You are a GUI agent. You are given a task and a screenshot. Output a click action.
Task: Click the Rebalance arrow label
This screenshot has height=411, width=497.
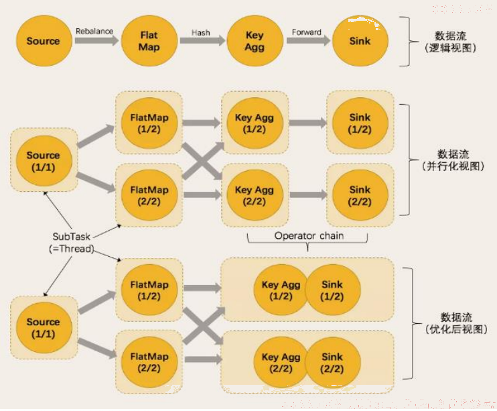[x=94, y=31]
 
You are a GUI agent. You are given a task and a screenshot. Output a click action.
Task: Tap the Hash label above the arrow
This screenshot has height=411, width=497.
[x=200, y=32]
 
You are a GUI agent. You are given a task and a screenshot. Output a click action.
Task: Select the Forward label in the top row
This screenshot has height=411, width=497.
[x=307, y=32]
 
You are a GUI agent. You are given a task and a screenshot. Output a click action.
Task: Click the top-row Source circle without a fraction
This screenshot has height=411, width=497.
[x=44, y=41]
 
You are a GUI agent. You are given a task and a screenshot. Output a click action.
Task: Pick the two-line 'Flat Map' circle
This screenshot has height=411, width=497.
[x=149, y=41]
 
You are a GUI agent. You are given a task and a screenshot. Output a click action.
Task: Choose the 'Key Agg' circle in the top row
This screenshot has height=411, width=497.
[x=255, y=41]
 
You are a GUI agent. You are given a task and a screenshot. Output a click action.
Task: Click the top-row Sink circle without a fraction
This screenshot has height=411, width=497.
[x=360, y=41]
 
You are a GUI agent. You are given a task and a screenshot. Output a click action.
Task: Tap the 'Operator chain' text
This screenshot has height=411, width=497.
[x=309, y=236]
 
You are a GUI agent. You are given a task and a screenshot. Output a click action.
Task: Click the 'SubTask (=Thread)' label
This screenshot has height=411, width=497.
[x=71, y=243]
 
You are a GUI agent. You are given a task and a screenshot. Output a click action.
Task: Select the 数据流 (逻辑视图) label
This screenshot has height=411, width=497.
[x=450, y=42]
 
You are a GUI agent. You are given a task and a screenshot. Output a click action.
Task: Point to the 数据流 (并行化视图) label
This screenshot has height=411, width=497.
[x=453, y=160]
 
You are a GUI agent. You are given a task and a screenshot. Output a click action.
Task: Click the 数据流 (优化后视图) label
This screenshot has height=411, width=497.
[x=456, y=323]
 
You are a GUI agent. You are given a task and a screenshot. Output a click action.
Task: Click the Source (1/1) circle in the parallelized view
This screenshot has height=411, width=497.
[x=44, y=161]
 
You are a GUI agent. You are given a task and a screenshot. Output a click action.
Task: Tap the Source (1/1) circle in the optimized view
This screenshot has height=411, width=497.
[x=44, y=328]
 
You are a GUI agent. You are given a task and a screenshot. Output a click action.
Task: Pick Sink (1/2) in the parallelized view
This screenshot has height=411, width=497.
[x=360, y=123]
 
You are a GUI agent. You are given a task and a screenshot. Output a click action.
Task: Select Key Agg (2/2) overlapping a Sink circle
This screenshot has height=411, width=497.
[x=281, y=363]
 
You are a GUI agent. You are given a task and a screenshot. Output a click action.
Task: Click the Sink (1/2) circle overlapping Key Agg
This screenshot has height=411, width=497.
[x=332, y=290]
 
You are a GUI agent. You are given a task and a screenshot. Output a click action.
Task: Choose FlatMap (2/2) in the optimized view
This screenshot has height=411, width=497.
[x=149, y=363]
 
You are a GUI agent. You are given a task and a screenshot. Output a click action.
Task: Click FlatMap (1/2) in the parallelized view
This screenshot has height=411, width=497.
[x=149, y=123]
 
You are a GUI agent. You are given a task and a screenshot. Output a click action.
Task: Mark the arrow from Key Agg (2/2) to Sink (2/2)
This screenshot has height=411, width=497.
[x=308, y=195]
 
